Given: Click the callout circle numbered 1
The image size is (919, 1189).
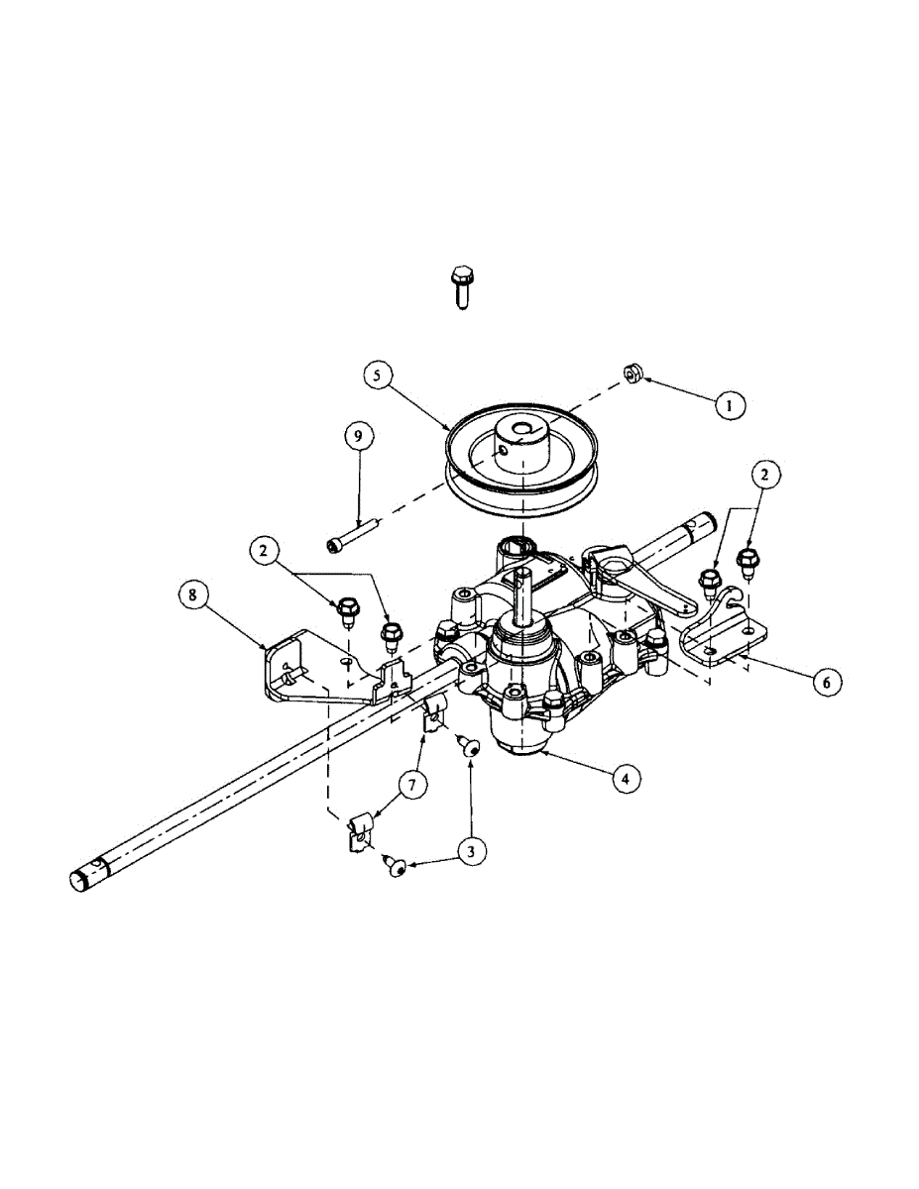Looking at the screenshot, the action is [x=729, y=404].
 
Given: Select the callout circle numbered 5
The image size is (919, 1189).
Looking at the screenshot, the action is [x=378, y=376].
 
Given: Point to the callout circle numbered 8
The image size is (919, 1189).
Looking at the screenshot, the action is [x=193, y=595].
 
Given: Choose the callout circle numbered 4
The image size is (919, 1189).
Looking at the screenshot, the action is [x=624, y=780].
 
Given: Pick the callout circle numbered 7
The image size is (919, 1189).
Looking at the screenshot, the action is [x=413, y=785].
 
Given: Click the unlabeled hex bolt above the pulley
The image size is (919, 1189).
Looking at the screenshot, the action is [x=460, y=285].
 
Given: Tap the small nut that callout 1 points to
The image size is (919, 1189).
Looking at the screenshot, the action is [x=631, y=374].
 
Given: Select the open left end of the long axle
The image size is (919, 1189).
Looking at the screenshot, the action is [x=79, y=879].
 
